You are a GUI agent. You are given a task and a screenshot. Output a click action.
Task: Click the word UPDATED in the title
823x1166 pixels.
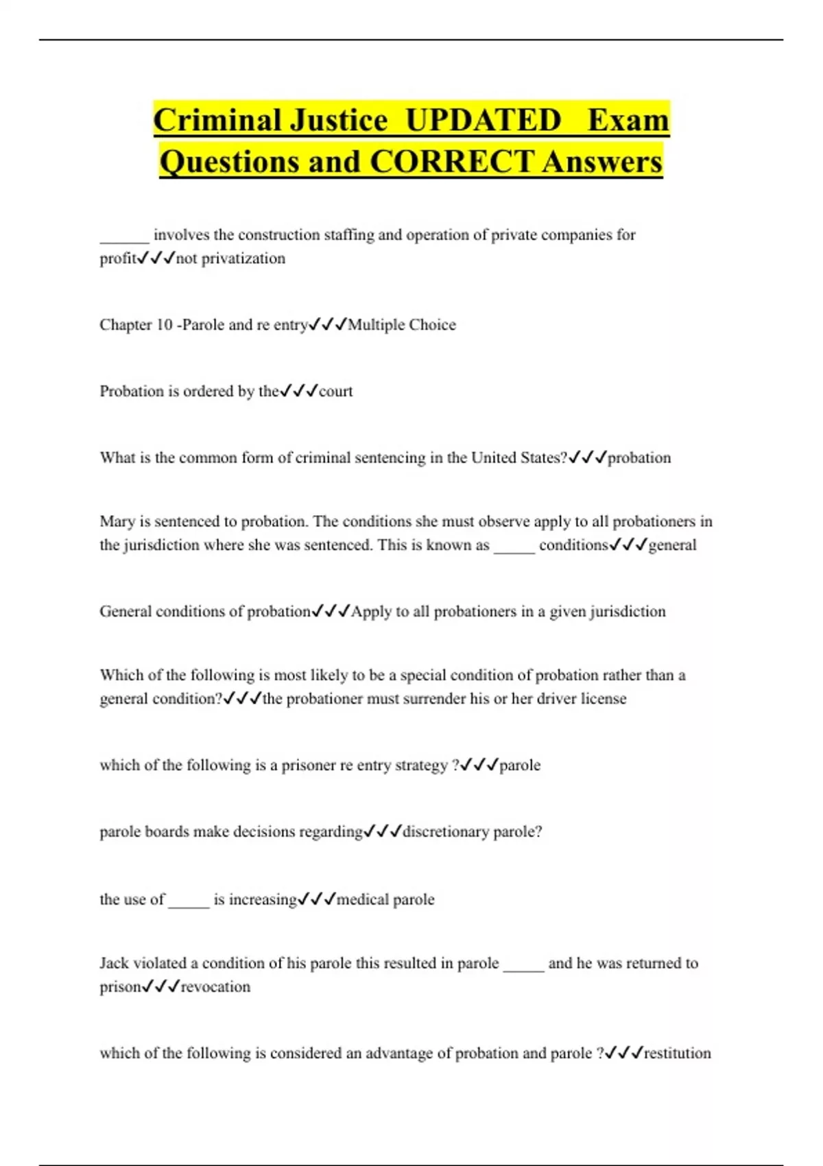click(483, 120)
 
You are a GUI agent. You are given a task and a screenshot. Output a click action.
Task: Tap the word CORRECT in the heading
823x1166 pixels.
click(451, 162)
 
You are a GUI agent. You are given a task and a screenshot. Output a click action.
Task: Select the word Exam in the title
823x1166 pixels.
click(628, 120)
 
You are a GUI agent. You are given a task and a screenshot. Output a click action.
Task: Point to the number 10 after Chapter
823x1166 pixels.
click(164, 324)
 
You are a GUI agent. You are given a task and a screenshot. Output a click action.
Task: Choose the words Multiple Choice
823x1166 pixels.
click(402, 324)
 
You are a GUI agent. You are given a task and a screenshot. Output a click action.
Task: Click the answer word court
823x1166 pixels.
click(336, 391)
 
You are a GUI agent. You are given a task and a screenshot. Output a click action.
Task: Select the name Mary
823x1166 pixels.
click(117, 521)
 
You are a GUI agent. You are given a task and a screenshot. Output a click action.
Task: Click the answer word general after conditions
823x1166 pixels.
click(672, 545)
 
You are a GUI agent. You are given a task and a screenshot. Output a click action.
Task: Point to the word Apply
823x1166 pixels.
click(371, 611)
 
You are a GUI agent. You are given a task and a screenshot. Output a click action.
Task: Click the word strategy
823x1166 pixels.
click(421, 765)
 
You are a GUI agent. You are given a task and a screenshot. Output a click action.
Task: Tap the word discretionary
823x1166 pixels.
click(446, 831)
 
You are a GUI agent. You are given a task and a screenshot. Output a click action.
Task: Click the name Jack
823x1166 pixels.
click(114, 963)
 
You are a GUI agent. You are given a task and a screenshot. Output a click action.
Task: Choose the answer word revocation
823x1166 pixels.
click(215, 986)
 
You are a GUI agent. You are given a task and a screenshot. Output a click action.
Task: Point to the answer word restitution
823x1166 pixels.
click(678, 1053)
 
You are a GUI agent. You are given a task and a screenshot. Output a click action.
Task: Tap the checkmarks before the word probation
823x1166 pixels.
click(588, 457)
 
